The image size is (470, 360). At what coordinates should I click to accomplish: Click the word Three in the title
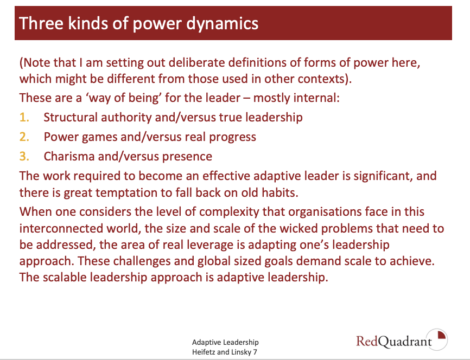pyautogui.click(x=41, y=23)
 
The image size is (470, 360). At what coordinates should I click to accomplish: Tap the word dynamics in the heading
pyautogui.click(x=222, y=24)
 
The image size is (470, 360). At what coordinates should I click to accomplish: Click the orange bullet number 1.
pyautogui.click(x=24, y=118)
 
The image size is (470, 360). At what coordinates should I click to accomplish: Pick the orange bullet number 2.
pyautogui.click(x=24, y=137)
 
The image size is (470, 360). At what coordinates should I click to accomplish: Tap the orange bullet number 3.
pyautogui.click(x=24, y=156)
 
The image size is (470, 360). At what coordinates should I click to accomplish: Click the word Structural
pyautogui.click(x=71, y=118)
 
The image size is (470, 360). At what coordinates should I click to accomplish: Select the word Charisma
pyautogui.click(x=69, y=156)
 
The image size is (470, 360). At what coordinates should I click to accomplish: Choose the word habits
pyautogui.click(x=280, y=192)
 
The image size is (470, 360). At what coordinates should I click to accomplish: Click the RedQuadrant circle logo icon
pyautogui.click(x=437, y=339)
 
